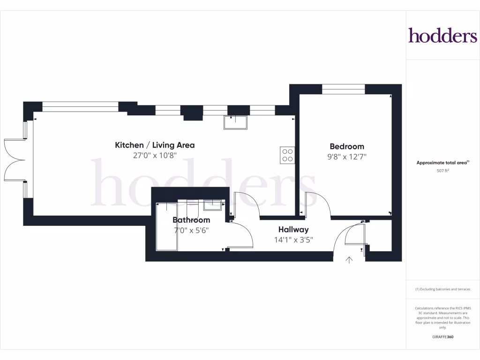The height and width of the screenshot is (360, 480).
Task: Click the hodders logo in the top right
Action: coord(442,36)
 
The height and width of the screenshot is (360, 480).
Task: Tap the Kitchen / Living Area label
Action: coord(155,145)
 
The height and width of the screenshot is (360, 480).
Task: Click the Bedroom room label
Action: coord(347,147)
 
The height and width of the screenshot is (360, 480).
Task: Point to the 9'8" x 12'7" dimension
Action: coord(347,157)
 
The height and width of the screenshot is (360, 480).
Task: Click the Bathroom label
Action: coord(191,220)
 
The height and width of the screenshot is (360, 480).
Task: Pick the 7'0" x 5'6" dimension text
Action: coord(191,231)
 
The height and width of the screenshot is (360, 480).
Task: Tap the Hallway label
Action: coord(293,230)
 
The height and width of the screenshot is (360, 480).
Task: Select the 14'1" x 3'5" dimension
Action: coord(293,240)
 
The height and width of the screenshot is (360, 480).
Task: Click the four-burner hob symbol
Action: coord(287,155)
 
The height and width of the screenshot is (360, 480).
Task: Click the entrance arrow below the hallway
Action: coord(349,260)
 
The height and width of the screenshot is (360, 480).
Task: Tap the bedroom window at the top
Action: coord(344,89)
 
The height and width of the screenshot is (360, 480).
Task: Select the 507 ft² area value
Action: coord(443,171)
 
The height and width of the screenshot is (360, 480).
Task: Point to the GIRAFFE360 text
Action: coord(443,337)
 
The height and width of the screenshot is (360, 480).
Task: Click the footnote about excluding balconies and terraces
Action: coord(443,289)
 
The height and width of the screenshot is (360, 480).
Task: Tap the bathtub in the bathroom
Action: coord(167,227)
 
